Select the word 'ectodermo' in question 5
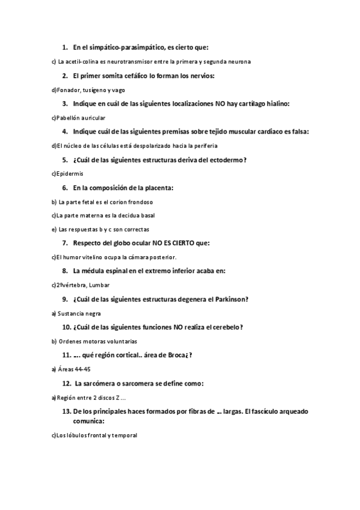coord(225,159)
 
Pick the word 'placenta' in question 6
coord(157,188)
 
